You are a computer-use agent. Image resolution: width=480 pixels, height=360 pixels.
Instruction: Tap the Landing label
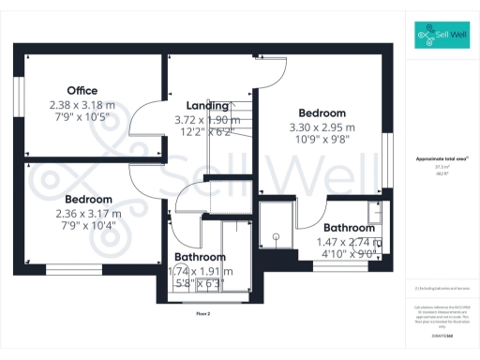coord(207,105)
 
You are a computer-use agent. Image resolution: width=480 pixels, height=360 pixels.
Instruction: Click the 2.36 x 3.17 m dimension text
coord(88,214)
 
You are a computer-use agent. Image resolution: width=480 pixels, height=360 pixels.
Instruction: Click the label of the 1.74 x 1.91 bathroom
coord(200,257)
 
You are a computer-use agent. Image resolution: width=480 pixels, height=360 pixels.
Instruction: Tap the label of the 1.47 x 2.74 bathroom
coord(350,228)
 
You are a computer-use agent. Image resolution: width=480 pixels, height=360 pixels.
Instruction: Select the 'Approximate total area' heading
coord(442,159)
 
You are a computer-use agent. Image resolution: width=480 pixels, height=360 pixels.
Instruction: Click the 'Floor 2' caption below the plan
coord(203,313)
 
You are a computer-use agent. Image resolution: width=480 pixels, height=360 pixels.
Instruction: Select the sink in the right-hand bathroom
coord(375,217)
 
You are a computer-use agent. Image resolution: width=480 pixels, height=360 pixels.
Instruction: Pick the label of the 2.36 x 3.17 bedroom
coord(88,200)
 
